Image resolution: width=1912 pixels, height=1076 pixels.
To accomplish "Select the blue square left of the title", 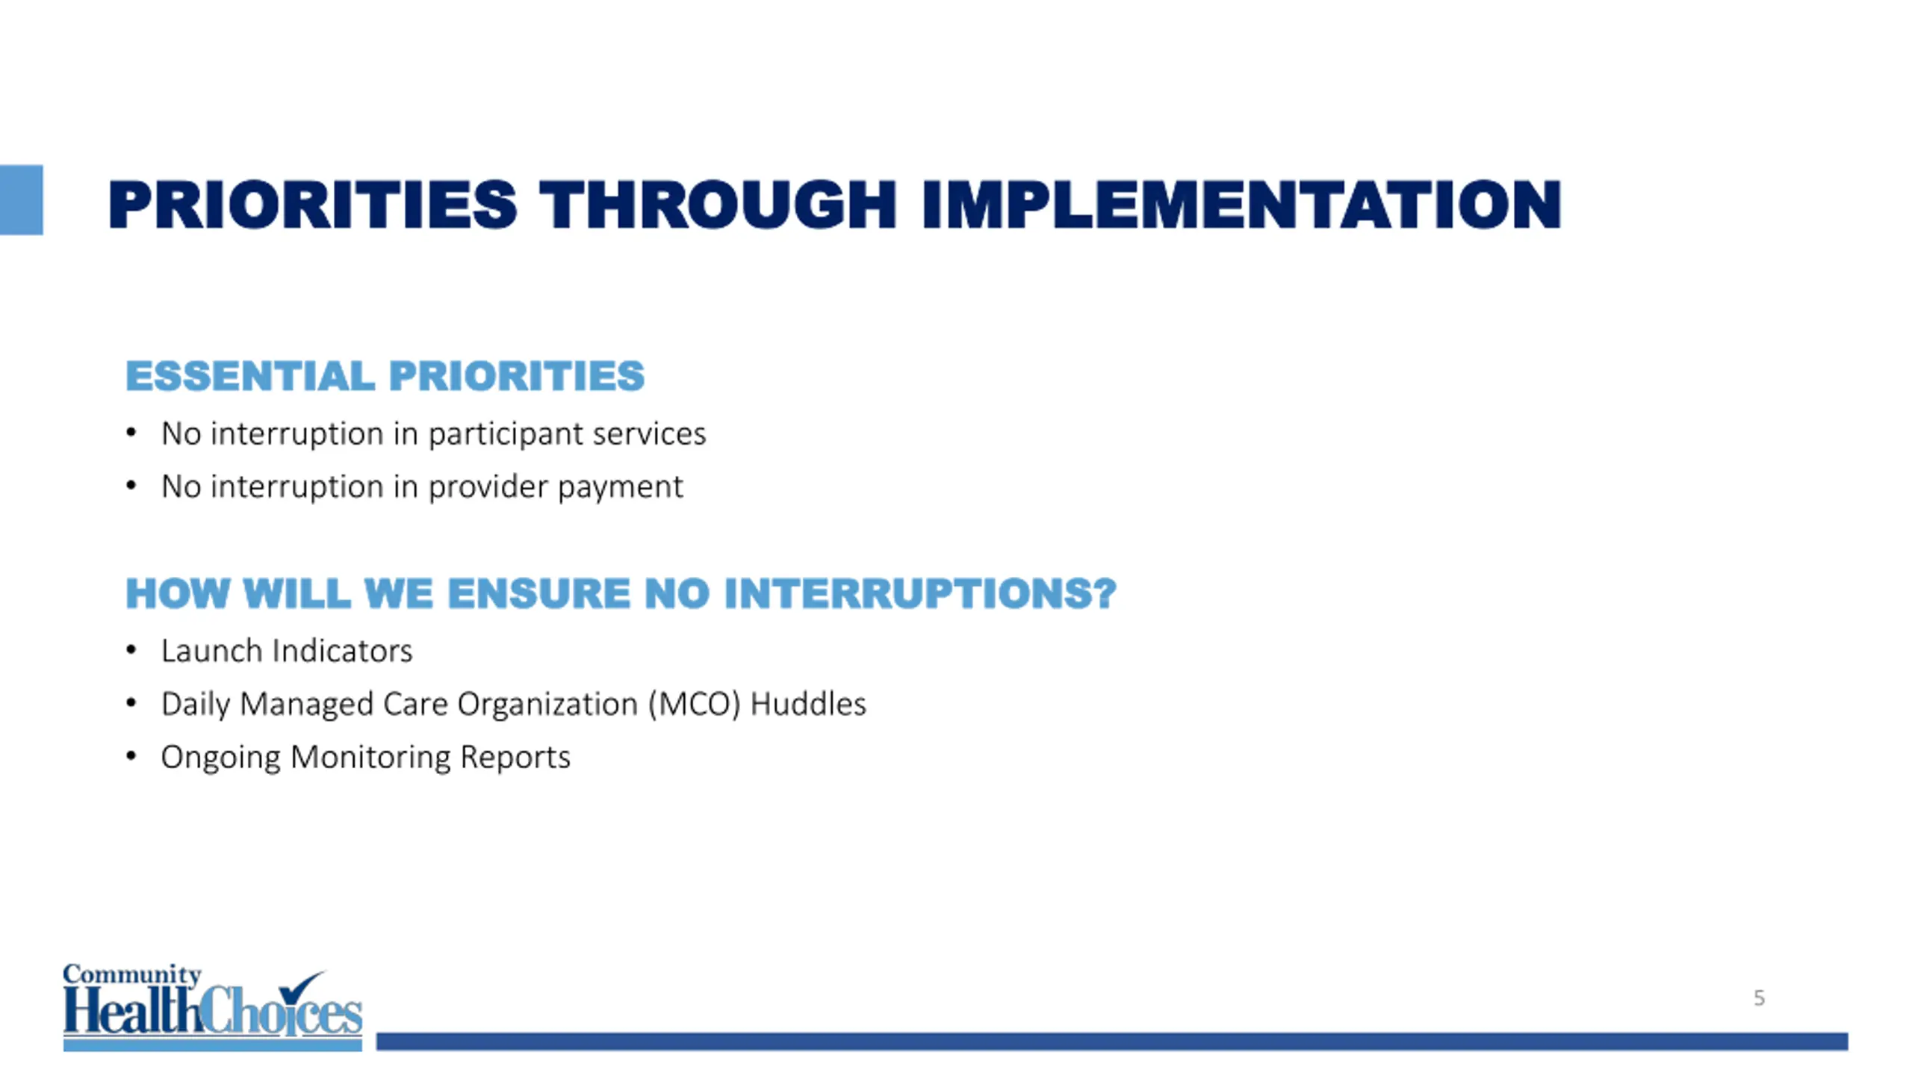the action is pos(21,200).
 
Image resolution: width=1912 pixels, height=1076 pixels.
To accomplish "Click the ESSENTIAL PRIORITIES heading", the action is pos(385,375).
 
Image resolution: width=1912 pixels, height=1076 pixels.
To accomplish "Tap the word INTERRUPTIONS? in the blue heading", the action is pos(919,593).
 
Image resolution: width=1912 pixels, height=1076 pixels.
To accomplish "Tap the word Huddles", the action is pos(808,704).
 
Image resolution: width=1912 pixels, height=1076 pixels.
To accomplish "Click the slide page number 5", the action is pos(1759,998).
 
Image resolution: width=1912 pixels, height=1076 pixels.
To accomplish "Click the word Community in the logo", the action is pos(132,975).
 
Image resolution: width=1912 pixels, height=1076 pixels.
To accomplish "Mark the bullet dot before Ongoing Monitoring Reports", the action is pos(131,756).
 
